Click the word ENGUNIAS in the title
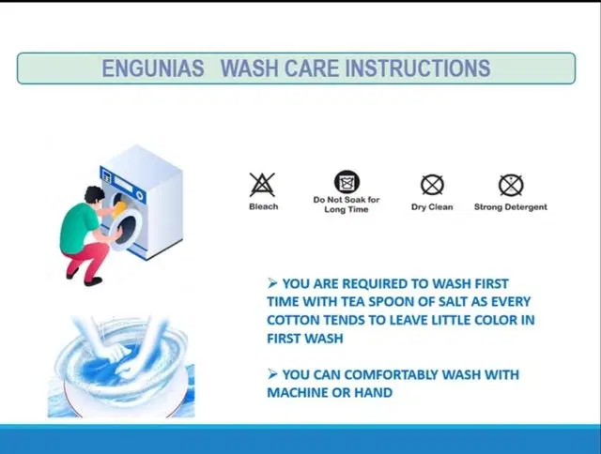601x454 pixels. tap(152, 68)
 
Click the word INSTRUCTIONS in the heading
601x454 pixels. tap(418, 68)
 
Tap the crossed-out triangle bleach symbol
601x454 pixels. tap(262, 185)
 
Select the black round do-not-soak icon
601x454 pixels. tap(347, 181)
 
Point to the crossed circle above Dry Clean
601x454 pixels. tap(432, 185)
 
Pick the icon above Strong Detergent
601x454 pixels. tap(511, 185)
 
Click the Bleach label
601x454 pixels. tap(264, 206)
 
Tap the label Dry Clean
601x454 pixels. tap(432, 207)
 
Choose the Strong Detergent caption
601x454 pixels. tap(511, 207)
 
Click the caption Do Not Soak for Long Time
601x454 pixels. tap(347, 204)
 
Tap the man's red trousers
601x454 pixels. tap(87, 261)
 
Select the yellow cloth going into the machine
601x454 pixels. tap(119, 211)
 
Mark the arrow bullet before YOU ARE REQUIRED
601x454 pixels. tap(272, 283)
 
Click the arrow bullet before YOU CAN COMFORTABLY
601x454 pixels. tap(272, 374)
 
